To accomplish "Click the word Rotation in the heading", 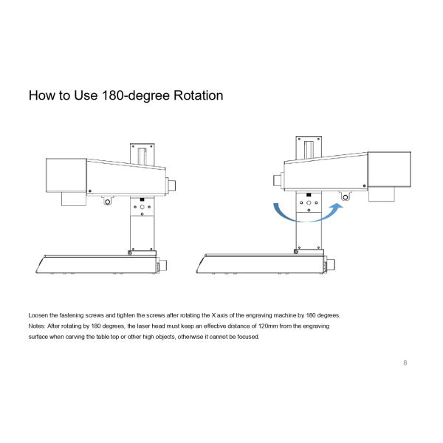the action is (198, 95).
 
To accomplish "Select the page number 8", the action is (405, 363).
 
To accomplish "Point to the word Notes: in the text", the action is (37, 326).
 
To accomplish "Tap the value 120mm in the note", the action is (268, 326).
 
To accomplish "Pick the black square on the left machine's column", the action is (142, 200).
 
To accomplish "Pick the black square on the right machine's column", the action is (309, 195).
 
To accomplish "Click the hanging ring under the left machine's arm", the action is (107, 202).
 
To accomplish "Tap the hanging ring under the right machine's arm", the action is (345, 196).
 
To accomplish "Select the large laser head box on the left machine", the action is (66, 175).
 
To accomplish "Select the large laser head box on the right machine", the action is (389, 170).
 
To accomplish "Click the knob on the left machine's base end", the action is (162, 266).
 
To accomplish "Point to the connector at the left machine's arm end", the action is (171, 185).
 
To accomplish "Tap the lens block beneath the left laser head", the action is (74, 199).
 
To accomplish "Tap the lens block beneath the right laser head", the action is (382, 194).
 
